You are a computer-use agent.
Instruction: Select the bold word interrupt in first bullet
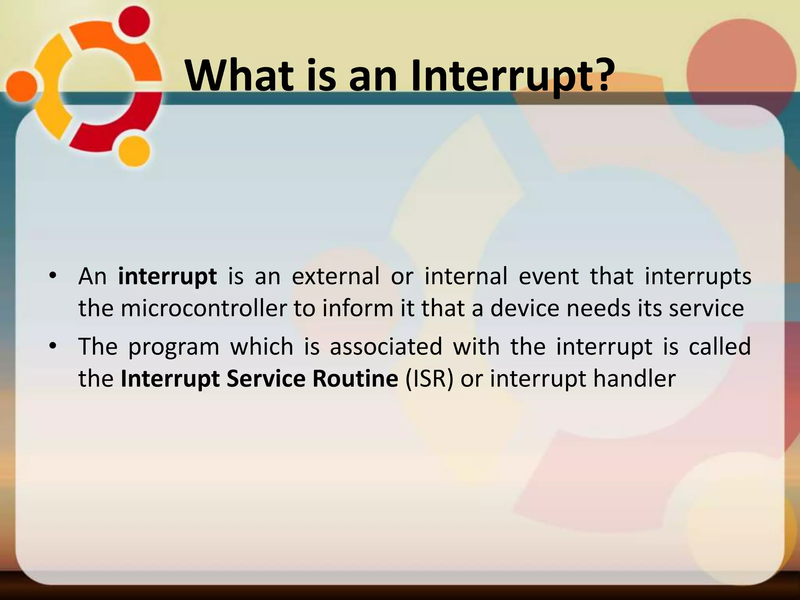pyautogui.click(x=167, y=277)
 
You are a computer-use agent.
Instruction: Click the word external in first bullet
pyautogui.click(x=336, y=276)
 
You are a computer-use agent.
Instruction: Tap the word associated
pyautogui.click(x=386, y=346)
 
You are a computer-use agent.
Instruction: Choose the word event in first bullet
pyautogui.click(x=548, y=276)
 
